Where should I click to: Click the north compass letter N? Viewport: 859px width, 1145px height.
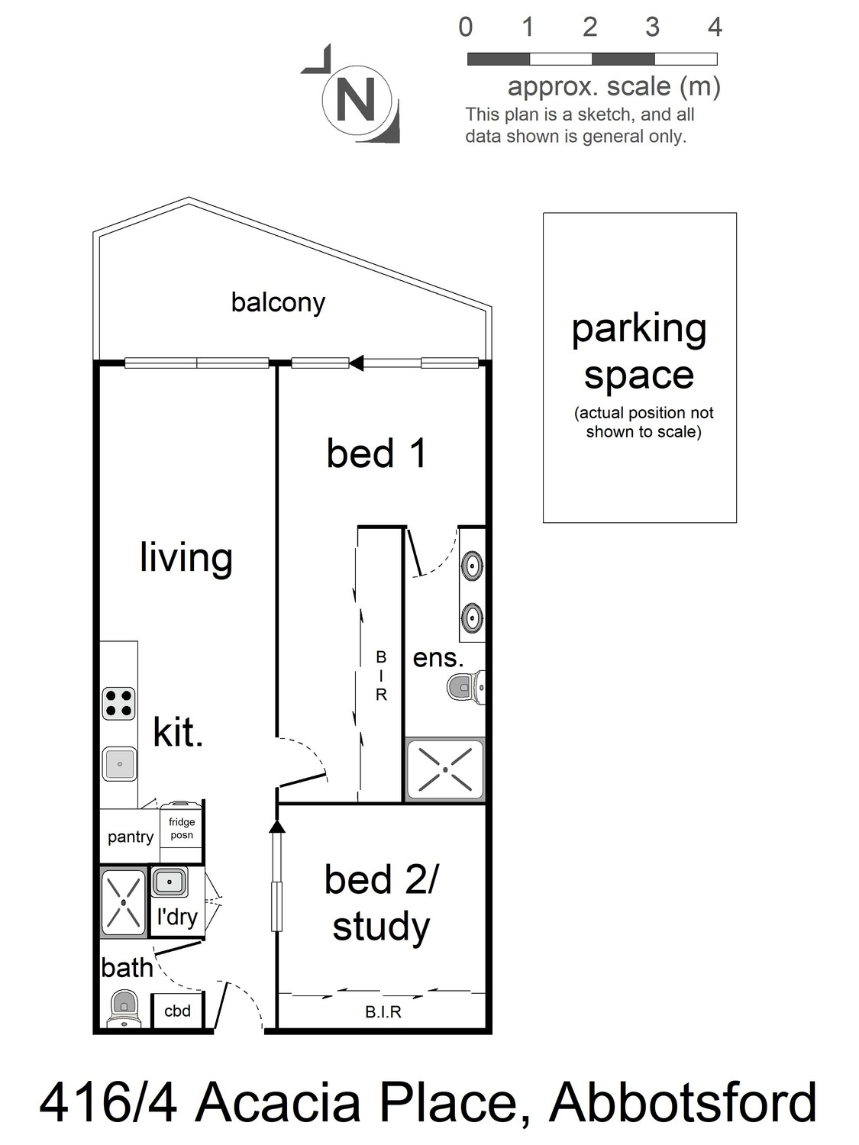tap(357, 99)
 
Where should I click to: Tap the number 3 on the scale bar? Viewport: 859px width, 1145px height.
tap(652, 27)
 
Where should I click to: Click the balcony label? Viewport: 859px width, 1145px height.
tap(278, 303)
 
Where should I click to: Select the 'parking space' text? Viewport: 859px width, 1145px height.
tap(639, 352)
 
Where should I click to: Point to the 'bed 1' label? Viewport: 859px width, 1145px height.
tap(376, 453)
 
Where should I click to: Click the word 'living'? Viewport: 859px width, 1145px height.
tap(186, 559)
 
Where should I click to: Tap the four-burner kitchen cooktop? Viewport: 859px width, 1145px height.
tap(119, 704)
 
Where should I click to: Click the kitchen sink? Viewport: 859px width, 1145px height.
tap(119, 764)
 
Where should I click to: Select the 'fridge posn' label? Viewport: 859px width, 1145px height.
tap(182, 828)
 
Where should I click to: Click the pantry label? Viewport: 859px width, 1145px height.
tap(131, 837)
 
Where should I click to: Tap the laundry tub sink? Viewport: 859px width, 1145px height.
tap(170, 882)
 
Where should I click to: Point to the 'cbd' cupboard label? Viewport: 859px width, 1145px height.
tap(177, 1011)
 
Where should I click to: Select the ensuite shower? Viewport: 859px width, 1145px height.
tap(445, 769)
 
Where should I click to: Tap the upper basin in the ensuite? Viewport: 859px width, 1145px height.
tap(472, 565)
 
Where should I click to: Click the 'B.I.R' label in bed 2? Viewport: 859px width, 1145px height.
tap(383, 1012)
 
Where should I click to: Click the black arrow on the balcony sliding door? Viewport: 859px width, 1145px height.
tap(357, 363)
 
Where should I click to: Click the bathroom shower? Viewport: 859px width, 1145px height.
tap(124, 903)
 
